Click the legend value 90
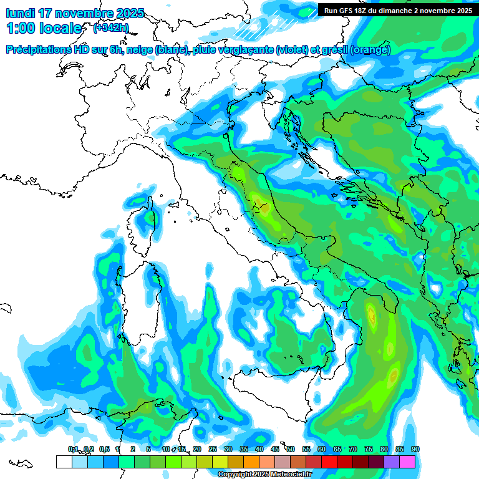click(415, 449)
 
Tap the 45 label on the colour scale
click(275, 449)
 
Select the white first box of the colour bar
click(64, 462)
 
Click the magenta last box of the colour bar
click(407, 462)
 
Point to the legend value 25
click(213, 449)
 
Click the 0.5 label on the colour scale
click(104, 449)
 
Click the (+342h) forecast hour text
click(110, 27)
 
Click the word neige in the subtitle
click(139, 50)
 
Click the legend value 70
click(353, 449)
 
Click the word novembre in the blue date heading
click(85, 12)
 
